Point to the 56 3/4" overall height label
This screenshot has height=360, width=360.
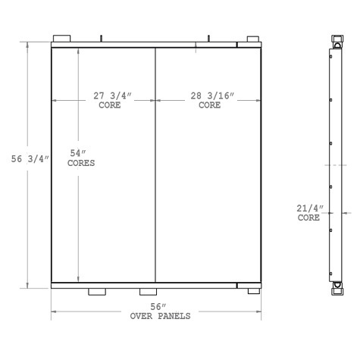click(30, 158)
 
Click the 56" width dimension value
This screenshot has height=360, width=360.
click(158, 307)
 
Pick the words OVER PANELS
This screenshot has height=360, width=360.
click(159, 316)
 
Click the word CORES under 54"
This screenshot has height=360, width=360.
click(81, 163)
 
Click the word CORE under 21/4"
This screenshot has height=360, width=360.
click(308, 218)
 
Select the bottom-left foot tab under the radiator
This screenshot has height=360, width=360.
click(98, 292)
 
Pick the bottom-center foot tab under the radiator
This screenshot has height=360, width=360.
click(148, 292)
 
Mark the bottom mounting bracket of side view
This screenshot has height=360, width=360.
click(336, 287)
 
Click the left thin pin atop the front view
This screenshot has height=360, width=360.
click(100, 36)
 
